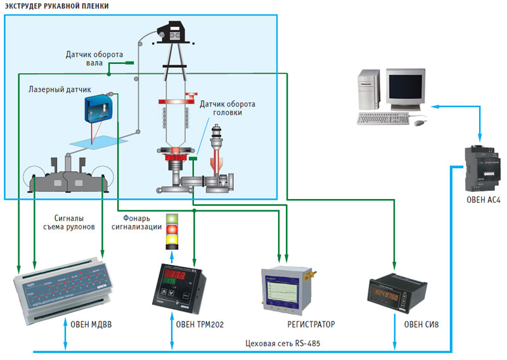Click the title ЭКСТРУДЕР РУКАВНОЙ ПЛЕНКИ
(x=56, y=6)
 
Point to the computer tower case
(x=368, y=91)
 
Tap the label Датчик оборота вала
(x=94, y=58)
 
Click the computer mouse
(x=419, y=122)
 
